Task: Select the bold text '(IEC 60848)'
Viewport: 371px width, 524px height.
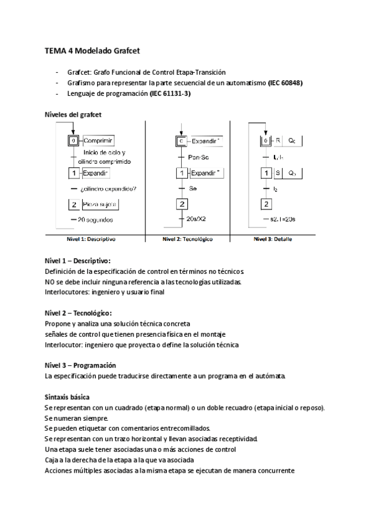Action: click(x=285, y=83)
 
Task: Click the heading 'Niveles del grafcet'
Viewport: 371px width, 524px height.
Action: click(x=74, y=115)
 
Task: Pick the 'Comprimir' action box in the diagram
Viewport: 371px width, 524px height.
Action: click(x=99, y=140)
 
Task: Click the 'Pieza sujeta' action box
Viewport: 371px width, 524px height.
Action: click(x=101, y=204)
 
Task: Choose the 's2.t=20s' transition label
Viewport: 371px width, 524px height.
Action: click(x=284, y=219)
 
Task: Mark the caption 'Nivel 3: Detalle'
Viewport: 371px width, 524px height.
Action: click(x=273, y=239)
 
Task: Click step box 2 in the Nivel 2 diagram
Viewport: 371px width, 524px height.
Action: click(x=182, y=204)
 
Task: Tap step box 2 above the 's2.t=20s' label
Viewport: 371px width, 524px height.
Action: click(x=267, y=204)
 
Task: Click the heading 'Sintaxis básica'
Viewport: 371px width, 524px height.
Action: click(x=67, y=396)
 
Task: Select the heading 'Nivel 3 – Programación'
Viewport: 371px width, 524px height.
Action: click(x=80, y=365)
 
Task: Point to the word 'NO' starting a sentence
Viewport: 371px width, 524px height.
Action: click(x=50, y=282)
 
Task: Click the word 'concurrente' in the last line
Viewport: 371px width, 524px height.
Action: click(x=275, y=470)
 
